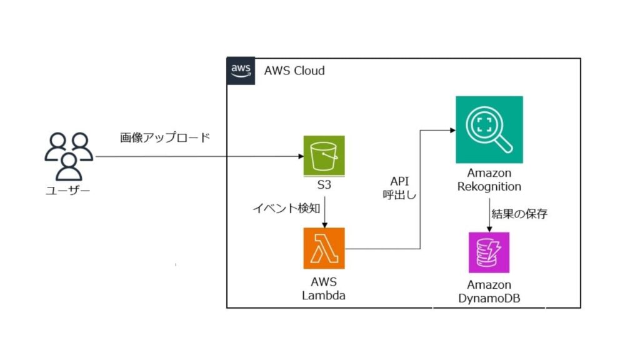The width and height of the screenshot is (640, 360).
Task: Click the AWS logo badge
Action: click(241, 71)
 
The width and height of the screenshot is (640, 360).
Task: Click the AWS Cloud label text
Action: click(294, 71)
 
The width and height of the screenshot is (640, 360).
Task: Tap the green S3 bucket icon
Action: click(324, 156)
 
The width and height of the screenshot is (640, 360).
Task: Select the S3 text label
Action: click(324, 186)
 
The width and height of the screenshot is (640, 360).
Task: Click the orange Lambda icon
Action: click(324, 248)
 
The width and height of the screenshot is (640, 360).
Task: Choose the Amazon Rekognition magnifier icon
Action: click(489, 129)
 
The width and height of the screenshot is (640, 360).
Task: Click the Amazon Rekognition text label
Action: click(489, 179)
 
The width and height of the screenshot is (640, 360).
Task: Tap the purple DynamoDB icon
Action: click(489, 252)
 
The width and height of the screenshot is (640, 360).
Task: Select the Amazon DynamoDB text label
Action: click(489, 291)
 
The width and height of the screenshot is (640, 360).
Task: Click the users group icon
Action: click(69, 154)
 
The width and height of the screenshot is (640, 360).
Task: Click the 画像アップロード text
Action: click(165, 138)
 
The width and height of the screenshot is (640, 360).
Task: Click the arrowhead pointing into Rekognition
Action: click(451, 130)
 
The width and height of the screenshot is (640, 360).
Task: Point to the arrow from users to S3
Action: click(200, 156)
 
